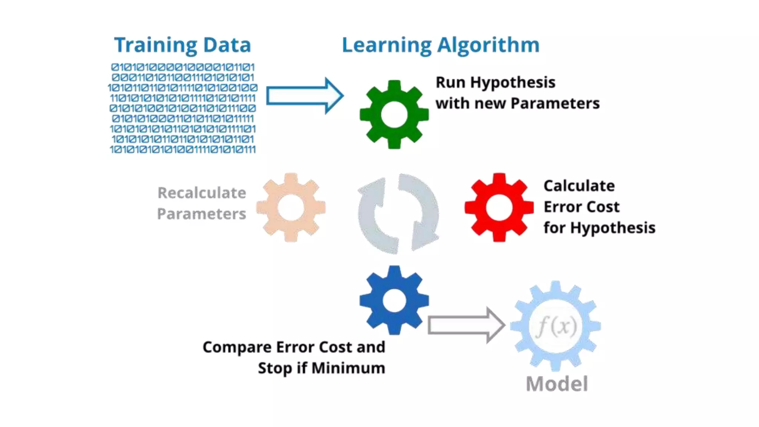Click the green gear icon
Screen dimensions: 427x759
[394, 114]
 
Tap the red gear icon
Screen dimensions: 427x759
[499, 207]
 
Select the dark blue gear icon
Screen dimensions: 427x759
[394, 300]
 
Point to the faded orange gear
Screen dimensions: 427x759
[291, 207]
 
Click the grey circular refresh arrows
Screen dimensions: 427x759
[398, 214]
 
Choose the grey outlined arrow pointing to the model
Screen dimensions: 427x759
[466, 325]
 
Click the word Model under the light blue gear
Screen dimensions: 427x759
[557, 384]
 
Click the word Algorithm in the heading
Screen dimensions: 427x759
[488, 46]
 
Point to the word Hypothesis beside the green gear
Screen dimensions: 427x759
[513, 83]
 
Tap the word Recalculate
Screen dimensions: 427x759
[202, 193]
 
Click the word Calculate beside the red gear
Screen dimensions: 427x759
[579, 186]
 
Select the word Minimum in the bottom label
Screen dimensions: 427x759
[348, 368]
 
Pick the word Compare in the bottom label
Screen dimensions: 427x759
[237, 347]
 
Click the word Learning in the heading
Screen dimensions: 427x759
[387, 46]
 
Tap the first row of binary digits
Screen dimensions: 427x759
[183, 67]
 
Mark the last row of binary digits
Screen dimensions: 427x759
[183, 149]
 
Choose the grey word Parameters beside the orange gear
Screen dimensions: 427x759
[201, 214]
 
